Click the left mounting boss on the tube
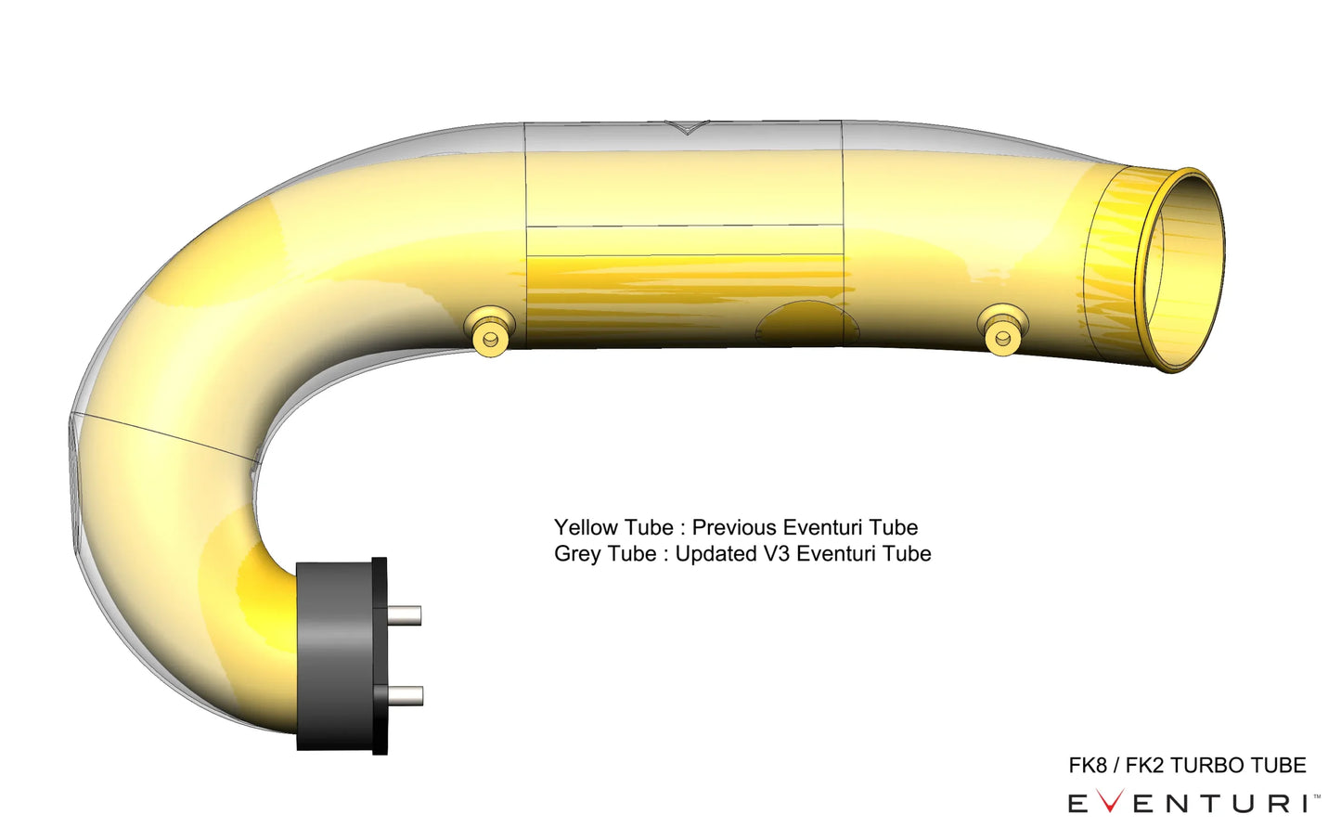point(490,332)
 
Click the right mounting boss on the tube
point(1002,330)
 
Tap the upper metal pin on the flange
point(404,614)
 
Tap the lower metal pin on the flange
point(405,695)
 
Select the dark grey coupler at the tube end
point(334,654)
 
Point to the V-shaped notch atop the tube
point(688,127)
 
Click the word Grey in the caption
point(577,554)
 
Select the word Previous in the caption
point(734,527)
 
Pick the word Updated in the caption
point(716,554)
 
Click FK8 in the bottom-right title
point(1088,766)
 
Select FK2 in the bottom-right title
point(1144,766)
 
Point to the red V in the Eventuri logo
point(1110,803)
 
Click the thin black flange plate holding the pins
point(380,655)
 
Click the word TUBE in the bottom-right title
point(1278,766)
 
